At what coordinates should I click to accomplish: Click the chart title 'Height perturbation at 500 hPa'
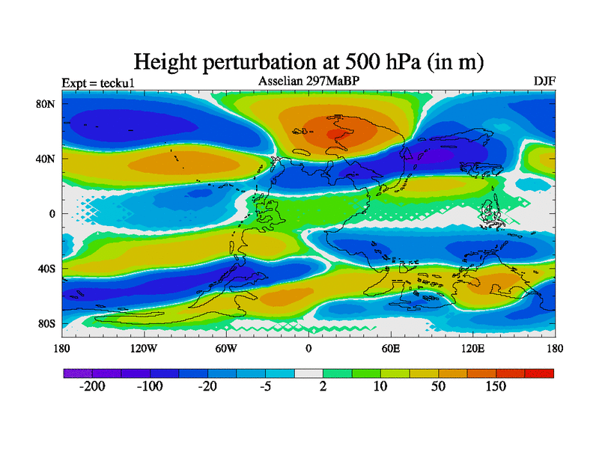[x=308, y=61]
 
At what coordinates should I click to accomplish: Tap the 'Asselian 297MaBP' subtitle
[x=308, y=81]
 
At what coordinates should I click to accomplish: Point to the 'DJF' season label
[x=544, y=81]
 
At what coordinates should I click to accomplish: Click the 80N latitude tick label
[x=47, y=104]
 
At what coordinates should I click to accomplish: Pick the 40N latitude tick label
[x=47, y=159]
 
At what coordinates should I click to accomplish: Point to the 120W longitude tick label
[x=144, y=349]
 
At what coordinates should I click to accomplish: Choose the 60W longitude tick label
[x=226, y=349]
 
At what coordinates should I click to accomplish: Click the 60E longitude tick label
[x=390, y=349]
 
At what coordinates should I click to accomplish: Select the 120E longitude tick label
[x=472, y=349]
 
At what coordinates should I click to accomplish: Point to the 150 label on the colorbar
[x=496, y=387]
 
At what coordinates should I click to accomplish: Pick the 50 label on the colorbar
[x=438, y=387]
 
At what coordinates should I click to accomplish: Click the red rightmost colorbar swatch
[x=539, y=373]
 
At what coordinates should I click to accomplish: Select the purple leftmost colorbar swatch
[x=77, y=373]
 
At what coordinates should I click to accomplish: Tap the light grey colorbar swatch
[x=308, y=373]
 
